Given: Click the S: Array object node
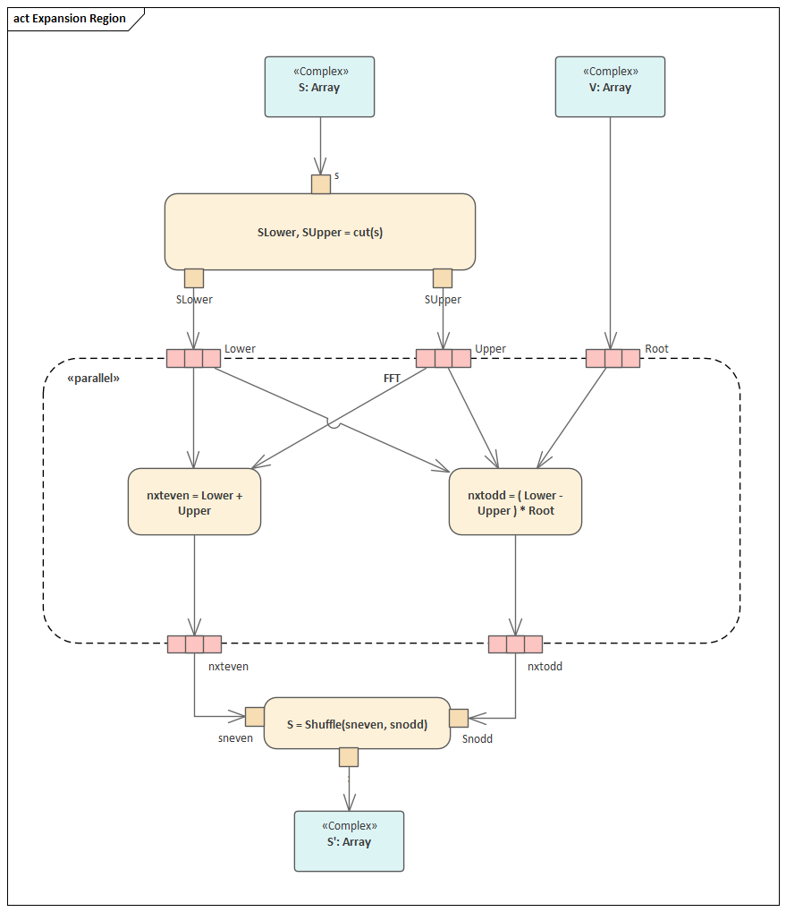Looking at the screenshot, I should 319,87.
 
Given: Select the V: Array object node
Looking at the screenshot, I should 610,87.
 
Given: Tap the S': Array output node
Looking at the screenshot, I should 349,840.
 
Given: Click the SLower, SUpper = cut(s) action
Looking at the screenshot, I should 319,232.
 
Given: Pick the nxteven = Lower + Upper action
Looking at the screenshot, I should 194,502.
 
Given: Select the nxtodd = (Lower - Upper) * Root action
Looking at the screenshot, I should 515,502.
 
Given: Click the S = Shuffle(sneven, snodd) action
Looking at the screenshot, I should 357,723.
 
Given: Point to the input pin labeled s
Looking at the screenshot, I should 321,184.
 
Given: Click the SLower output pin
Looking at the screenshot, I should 194,278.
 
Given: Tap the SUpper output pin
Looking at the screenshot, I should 443,278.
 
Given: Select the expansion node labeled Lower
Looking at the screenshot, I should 194,359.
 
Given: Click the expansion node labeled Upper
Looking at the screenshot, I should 444,359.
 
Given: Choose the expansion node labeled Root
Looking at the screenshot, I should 613,359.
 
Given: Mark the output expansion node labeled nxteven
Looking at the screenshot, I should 194,644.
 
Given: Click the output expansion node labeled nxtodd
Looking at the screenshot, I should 515,644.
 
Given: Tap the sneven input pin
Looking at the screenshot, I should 255,717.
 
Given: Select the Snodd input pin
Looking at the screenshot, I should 459,718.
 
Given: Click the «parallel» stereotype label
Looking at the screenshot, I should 93,379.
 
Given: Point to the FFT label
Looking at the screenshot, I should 392,379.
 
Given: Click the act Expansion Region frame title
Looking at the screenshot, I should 70,19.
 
